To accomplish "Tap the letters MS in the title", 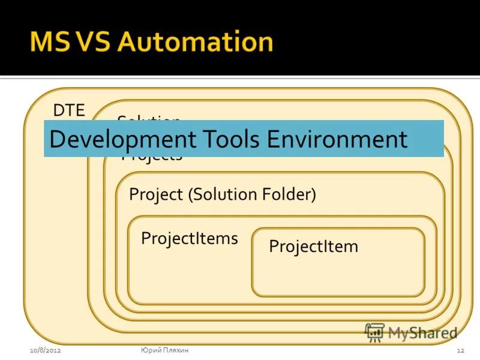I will (x=50, y=43).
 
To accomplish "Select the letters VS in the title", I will (x=97, y=43).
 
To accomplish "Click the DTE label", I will (x=69, y=110).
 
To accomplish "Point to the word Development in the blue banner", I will (x=122, y=139).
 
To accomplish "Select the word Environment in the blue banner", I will (x=337, y=139).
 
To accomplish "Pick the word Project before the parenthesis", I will (x=156, y=194).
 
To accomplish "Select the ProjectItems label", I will (x=190, y=238).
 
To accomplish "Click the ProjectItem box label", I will (x=313, y=246).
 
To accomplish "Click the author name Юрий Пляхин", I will (x=165, y=350).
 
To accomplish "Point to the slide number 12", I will (x=461, y=350).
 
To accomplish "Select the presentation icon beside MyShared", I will (x=374, y=332).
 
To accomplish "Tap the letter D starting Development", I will (x=56, y=139).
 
